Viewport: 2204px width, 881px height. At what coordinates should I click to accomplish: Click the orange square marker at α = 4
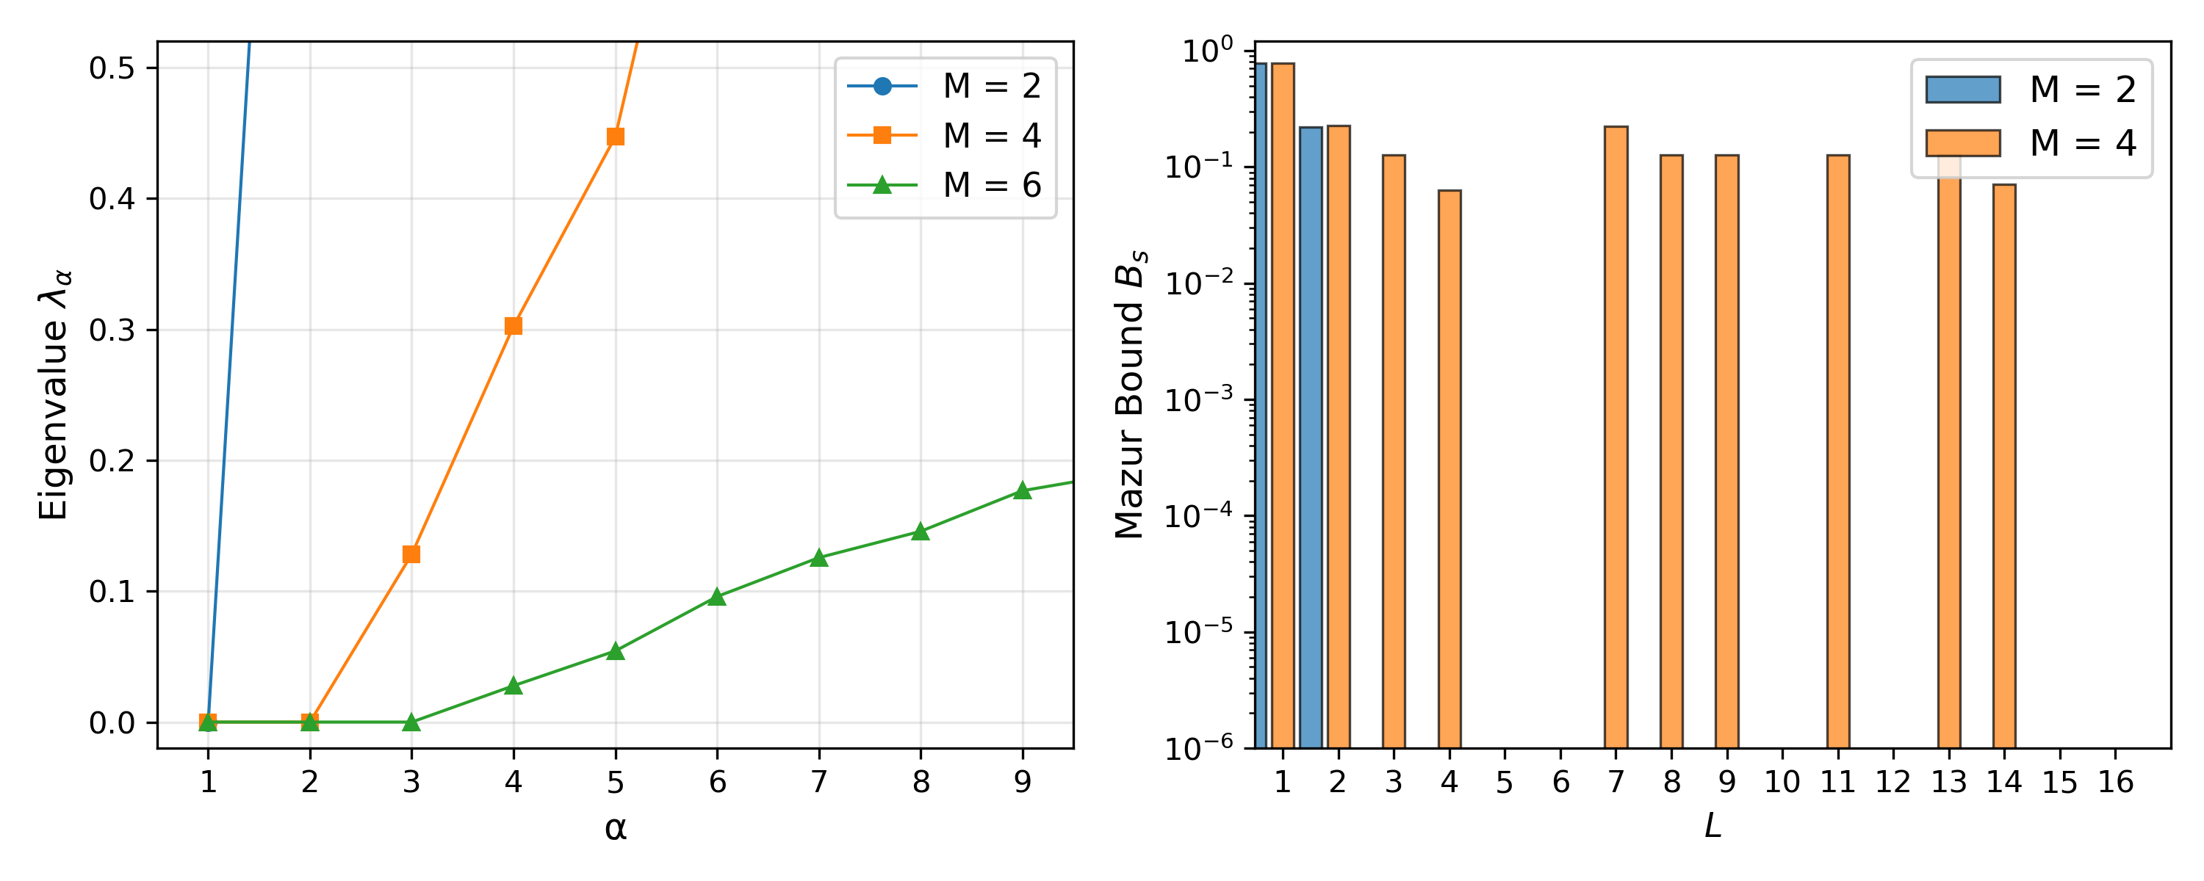pyautogui.click(x=514, y=326)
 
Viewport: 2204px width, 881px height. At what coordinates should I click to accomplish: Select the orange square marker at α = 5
pyautogui.click(x=615, y=137)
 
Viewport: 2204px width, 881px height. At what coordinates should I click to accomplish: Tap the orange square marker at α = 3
pyautogui.click(x=411, y=554)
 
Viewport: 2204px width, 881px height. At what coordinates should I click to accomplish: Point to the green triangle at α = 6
pyautogui.click(x=717, y=597)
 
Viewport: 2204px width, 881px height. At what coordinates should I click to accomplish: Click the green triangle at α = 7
pyautogui.click(x=819, y=559)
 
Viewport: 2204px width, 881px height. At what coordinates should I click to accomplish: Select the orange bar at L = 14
pyautogui.click(x=2003, y=466)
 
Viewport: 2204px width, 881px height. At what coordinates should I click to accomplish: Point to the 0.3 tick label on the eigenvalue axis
pyautogui.click(x=112, y=330)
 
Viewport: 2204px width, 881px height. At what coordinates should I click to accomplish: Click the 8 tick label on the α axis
pyautogui.click(x=921, y=782)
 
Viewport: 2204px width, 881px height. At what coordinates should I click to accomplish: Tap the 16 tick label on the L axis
pyautogui.click(x=2115, y=782)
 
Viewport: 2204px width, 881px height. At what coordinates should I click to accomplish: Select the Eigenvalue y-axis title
pyautogui.click(x=54, y=395)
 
